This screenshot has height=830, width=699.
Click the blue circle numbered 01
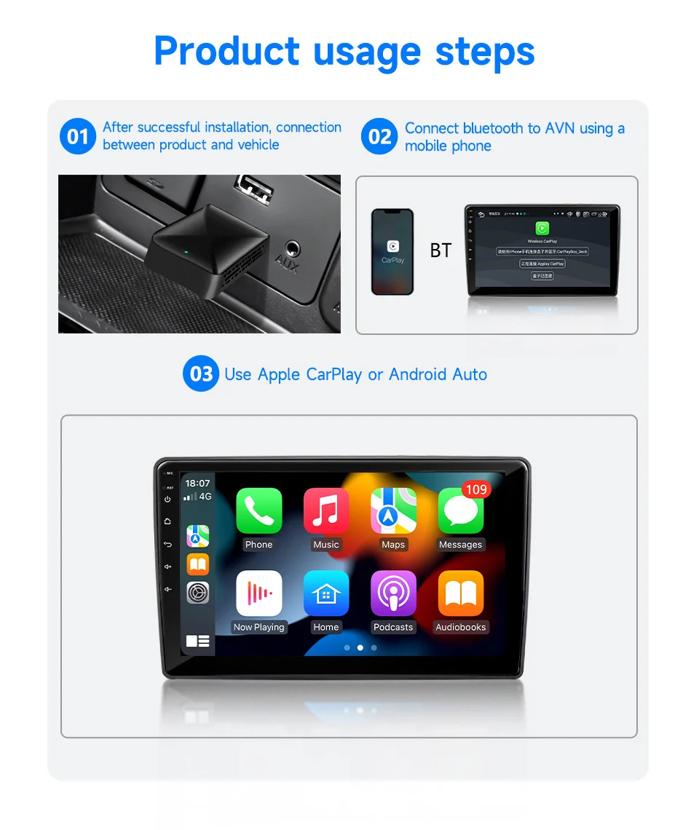[x=77, y=137]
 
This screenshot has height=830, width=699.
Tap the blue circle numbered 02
[x=379, y=137]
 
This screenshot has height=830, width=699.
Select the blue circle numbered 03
[x=201, y=374]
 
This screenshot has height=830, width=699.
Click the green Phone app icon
[x=258, y=510]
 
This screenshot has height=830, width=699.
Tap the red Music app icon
[x=326, y=510]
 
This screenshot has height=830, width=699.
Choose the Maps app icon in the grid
[x=393, y=510]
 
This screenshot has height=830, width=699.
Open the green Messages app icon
[x=460, y=512]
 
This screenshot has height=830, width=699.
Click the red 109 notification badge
[x=476, y=490]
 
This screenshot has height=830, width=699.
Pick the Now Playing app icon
[x=258, y=593]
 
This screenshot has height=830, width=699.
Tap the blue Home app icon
[x=326, y=593]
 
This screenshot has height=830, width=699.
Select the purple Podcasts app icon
[x=393, y=593]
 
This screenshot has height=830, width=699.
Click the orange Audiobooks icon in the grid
[x=460, y=593]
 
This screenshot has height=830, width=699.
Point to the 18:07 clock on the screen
[x=197, y=483]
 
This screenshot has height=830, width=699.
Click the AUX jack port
[x=292, y=248]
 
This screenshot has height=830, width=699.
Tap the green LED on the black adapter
[x=187, y=253]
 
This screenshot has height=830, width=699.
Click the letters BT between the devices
[x=441, y=251]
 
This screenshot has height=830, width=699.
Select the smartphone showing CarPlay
[x=392, y=252]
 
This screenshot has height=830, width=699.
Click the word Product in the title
[x=226, y=51]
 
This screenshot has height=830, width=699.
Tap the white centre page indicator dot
[x=360, y=647]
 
